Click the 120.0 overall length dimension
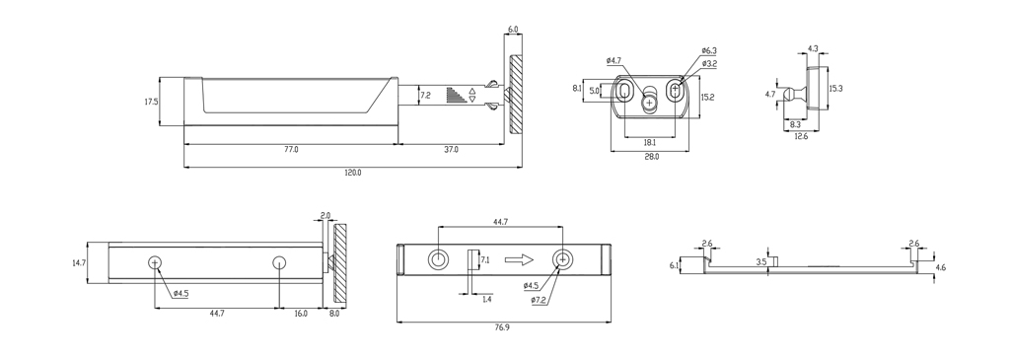coord(352,172)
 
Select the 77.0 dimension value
coord(291,149)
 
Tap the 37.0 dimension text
coord(451,149)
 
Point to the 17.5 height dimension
coord(151,102)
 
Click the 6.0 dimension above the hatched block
coord(513,30)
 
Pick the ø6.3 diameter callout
coord(709,49)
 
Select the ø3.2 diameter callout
coord(709,63)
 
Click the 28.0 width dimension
coord(651,156)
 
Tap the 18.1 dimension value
coord(649,142)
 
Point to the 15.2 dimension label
coord(707,98)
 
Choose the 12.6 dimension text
coord(801,136)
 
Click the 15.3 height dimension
coord(835,88)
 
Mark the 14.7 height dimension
coord(80,263)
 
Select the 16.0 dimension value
coord(301,313)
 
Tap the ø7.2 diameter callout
coord(539,299)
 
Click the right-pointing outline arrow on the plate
coord(518,260)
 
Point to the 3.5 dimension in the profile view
coord(760,261)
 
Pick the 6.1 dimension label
coord(674,265)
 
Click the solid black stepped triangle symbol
coord(455,96)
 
